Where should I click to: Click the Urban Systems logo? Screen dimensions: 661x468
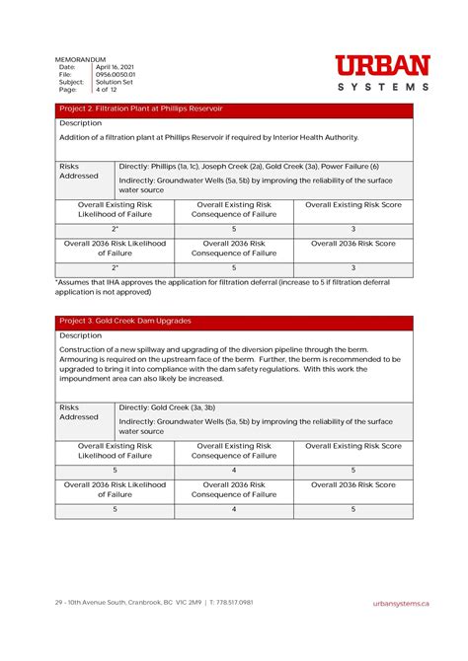[x=382, y=73]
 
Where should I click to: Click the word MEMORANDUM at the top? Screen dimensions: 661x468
[x=82, y=59]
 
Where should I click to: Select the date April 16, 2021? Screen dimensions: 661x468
[x=116, y=67]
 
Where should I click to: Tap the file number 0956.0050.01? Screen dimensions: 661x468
[x=117, y=74]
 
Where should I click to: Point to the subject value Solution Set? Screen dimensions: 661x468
[x=115, y=82]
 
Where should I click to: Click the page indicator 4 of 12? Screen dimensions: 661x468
[x=107, y=90]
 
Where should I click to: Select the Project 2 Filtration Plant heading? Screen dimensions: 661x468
[x=141, y=109]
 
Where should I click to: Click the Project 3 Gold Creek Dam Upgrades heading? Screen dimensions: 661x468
[x=125, y=321]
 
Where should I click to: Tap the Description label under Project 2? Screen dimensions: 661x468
[x=81, y=123]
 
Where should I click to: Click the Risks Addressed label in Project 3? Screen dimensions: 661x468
[x=79, y=411]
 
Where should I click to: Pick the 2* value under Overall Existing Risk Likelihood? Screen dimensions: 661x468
[x=115, y=229]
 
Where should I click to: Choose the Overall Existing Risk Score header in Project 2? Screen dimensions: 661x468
[x=353, y=204]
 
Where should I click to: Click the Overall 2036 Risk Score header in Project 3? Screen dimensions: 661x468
[x=353, y=484]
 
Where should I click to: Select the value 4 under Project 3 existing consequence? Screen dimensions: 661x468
[x=234, y=471]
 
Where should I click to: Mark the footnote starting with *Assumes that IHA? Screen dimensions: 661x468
[x=222, y=287]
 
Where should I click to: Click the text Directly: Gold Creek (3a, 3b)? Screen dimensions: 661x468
[x=167, y=406]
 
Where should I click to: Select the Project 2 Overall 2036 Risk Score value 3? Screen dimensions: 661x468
[x=353, y=267]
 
